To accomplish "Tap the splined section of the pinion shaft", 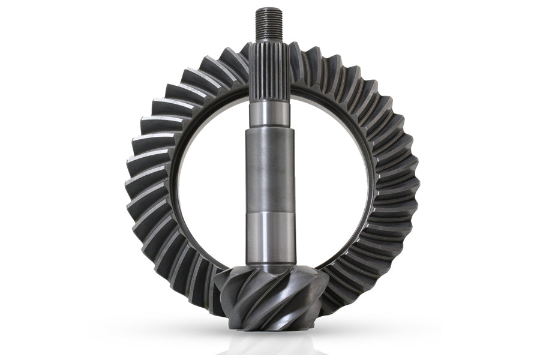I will click(269, 72).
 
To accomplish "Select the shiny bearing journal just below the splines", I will click(269, 114).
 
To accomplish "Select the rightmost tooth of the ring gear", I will click(408, 180).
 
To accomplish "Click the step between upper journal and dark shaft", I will click(269, 127).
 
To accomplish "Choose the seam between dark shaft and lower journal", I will click(269, 211).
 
